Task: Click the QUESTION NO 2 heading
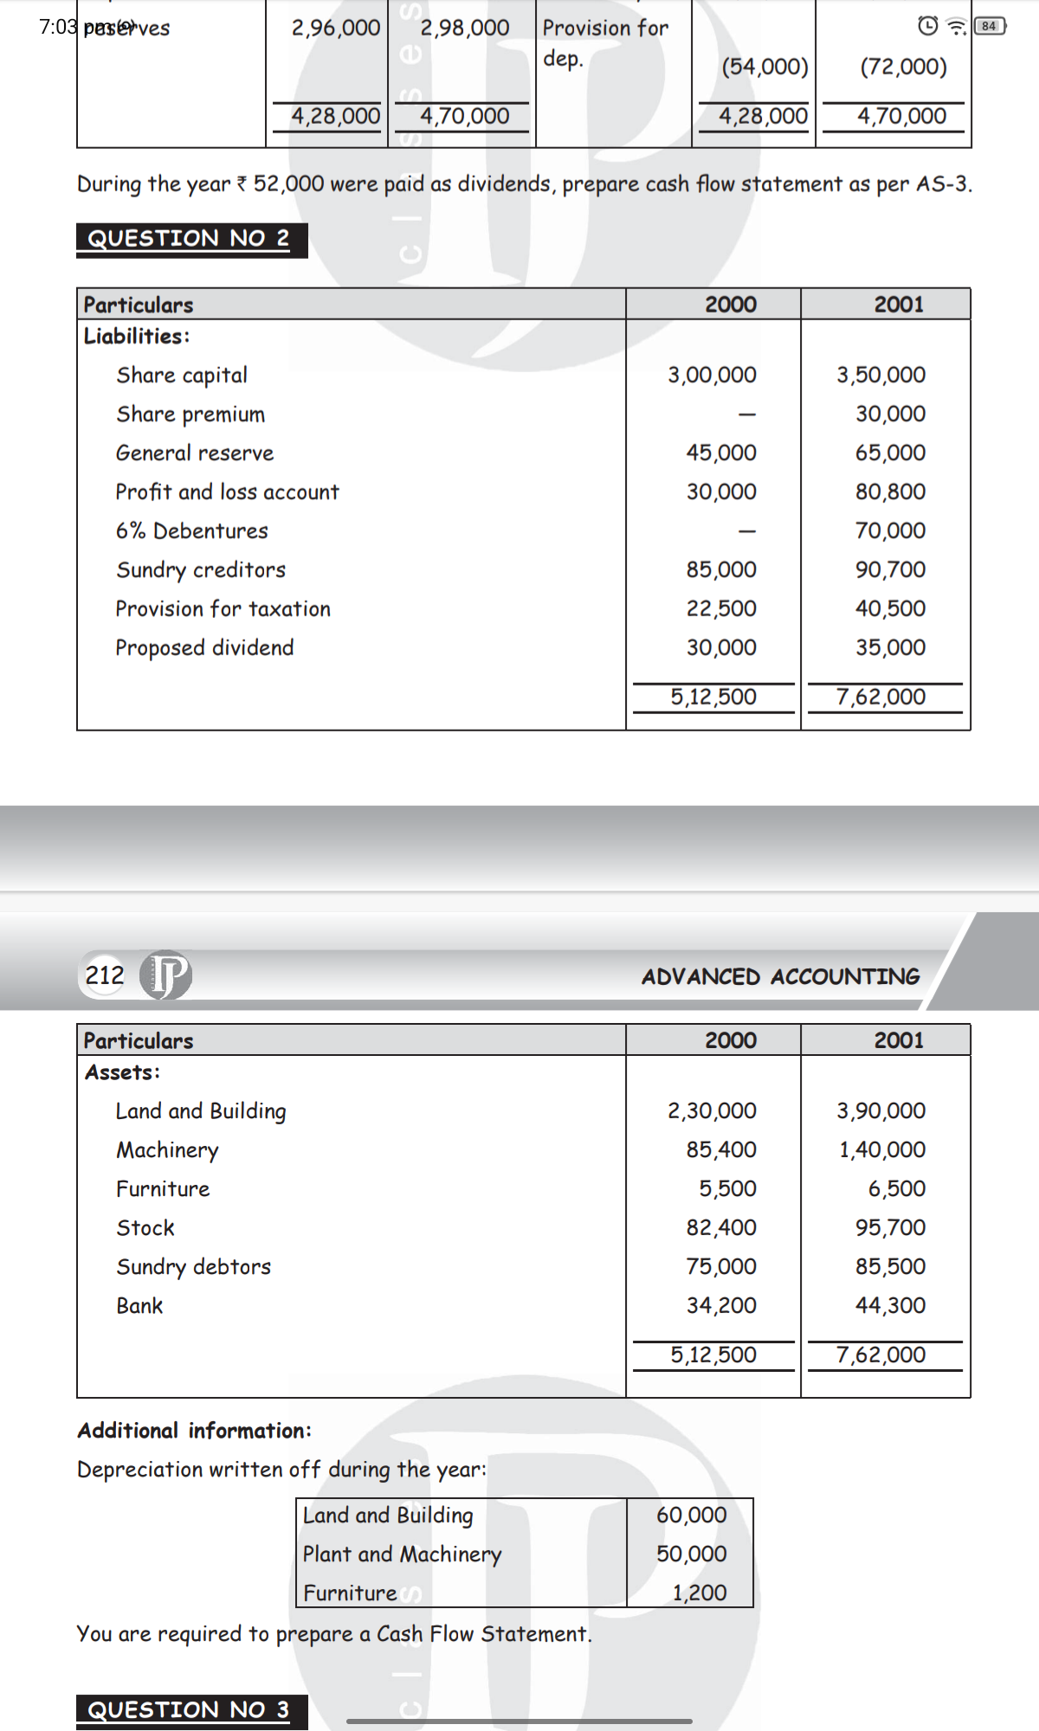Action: pyautogui.click(x=189, y=238)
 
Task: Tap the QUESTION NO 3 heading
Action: pyautogui.click(x=189, y=1709)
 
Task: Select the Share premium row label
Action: pyautogui.click(x=190, y=415)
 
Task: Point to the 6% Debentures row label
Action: pyautogui.click(x=192, y=531)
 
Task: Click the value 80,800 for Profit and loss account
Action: pyautogui.click(x=890, y=492)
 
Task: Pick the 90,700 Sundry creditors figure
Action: pyautogui.click(x=890, y=569)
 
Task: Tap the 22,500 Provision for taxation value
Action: pyautogui.click(x=721, y=608)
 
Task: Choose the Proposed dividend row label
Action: pyautogui.click(x=205, y=647)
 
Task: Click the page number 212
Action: pyautogui.click(x=105, y=975)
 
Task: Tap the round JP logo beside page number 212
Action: pyautogui.click(x=166, y=975)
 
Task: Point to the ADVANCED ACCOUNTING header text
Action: pyautogui.click(x=780, y=977)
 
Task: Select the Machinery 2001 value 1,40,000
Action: pyautogui.click(x=881, y=1149)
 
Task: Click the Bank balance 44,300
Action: pyautogui.click(x=890, y=1305)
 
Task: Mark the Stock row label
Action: pyautogui.click(x=145, y=1228)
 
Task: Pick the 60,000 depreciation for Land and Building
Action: pyautogui.click(x=691, y=1515)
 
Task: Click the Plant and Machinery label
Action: pyautogui.click(x=402, y=1554)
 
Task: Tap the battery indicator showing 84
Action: pyautogui.click(x=989, y=27)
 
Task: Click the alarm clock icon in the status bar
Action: pyautogui.click(x=927, y=26)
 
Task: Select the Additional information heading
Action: pyautogui.click(x=194, y=1431)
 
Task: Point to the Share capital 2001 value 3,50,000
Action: pyautogui.click(x=881, y=375)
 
